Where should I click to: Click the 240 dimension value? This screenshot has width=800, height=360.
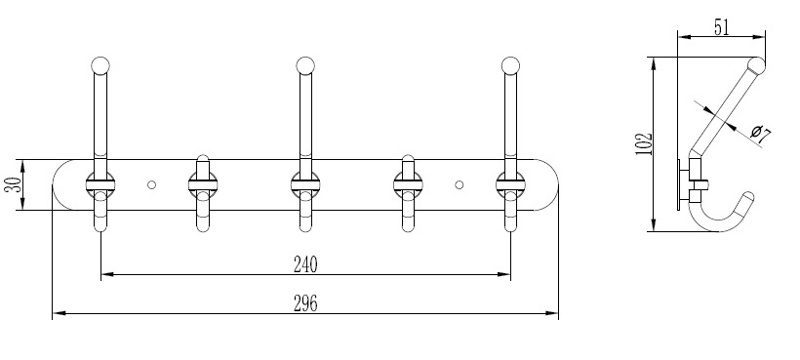305,264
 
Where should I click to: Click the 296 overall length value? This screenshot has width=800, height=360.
305,303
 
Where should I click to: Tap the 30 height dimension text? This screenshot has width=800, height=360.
14,184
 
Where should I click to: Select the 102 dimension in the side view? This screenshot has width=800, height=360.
645,144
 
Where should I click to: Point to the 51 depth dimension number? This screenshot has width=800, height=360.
721,27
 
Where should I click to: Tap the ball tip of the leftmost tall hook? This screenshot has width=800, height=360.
101,66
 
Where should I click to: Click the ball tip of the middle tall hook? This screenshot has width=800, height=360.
306,66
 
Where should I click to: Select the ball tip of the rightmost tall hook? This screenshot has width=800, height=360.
510,66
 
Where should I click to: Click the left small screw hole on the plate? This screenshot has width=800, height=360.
152,185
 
